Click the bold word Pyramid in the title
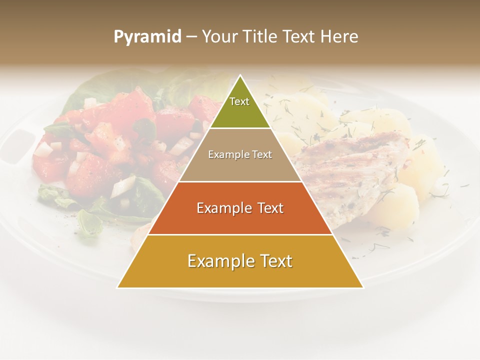pos(147,37)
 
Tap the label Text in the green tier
pos(239,101)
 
